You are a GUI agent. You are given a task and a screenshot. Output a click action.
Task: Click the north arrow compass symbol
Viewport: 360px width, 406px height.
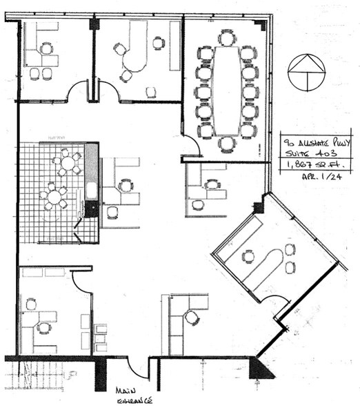[307, 72]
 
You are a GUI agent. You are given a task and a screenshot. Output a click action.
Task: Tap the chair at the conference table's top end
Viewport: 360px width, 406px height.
[226, 37]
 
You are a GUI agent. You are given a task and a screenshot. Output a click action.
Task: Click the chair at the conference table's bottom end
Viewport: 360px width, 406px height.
[226, 143]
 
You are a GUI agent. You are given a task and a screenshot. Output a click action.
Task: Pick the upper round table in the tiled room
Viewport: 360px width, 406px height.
[68, 164]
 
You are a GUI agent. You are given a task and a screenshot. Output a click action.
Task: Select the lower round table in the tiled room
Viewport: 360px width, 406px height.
[54, 197]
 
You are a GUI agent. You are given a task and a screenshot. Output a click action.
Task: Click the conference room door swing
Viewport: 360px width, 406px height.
[193, 147]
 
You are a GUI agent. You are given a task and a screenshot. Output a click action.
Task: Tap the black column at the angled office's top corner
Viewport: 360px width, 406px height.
[260, 205]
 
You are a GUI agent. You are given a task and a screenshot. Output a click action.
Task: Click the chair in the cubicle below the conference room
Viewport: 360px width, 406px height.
[212, 185]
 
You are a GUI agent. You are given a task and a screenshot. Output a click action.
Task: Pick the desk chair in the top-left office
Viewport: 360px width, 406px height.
[46, 48]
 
